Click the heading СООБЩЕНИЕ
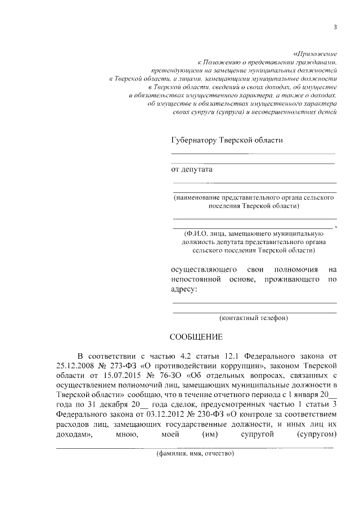[197, 337]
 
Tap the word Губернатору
[195, 140]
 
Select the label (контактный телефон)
[254, 318]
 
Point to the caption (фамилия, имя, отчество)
[195, 453]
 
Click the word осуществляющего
[200, 269]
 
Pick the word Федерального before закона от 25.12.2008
[260, 357]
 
